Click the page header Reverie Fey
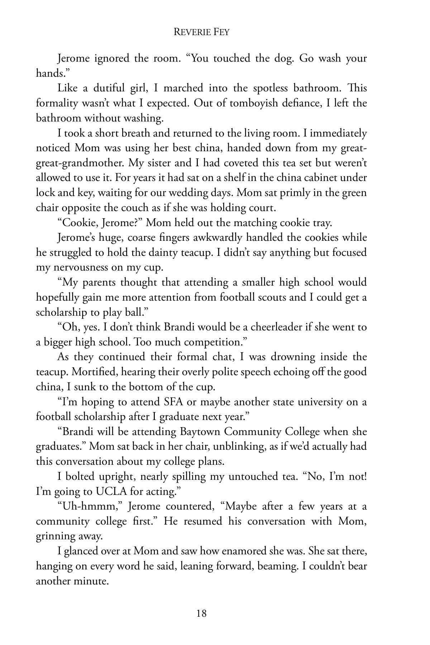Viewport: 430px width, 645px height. tap(201, 32)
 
